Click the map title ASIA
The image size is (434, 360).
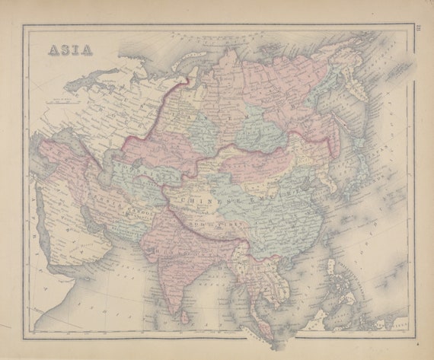pos(71,50)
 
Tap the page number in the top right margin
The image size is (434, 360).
pos(419,30)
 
